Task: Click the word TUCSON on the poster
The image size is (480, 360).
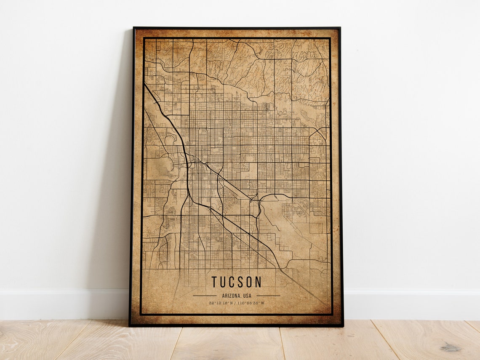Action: pyautogui.click(x=236, y=282)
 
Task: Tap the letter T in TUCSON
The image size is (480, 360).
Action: pyautogui.click(x=215, y=282)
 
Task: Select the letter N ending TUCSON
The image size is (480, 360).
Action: pyautogui.click(x=258, y=282)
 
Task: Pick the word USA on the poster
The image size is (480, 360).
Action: pyautogui.click(x=247, y=296)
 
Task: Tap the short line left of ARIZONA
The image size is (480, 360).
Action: pyautogui.click(x=205, y=296)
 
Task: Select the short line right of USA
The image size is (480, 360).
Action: pyautogui.click(x=268, y=296)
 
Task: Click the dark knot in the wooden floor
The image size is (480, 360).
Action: pyautogui.click(x=451, y=348)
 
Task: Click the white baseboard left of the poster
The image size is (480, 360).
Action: pyautogui.click(x=63, y=303)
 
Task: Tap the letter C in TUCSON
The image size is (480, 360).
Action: pyautogui.click(x=232, y=282)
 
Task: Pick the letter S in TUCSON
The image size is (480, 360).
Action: pyautogui.click(x=240, y=282)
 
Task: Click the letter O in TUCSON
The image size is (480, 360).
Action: pyautogui.click(x=248, y=282)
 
